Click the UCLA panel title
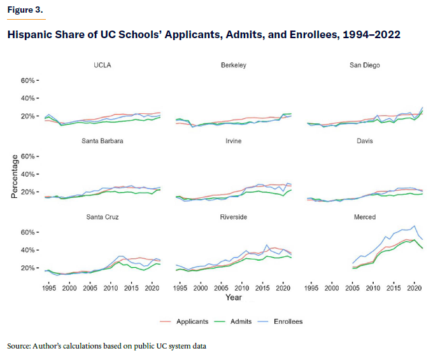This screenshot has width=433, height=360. coord(103,65)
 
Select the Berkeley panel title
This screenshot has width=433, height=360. coord(234,65)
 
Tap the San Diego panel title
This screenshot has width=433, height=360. coord(366,65)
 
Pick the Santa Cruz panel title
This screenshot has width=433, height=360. coord(103,217)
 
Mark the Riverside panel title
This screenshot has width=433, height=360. coord(234,217)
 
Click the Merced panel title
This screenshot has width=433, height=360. coord(366,217)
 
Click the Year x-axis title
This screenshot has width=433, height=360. coord(234,297)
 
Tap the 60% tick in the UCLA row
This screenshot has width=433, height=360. coord(29,81)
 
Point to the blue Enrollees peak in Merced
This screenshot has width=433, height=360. coord(415,225)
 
